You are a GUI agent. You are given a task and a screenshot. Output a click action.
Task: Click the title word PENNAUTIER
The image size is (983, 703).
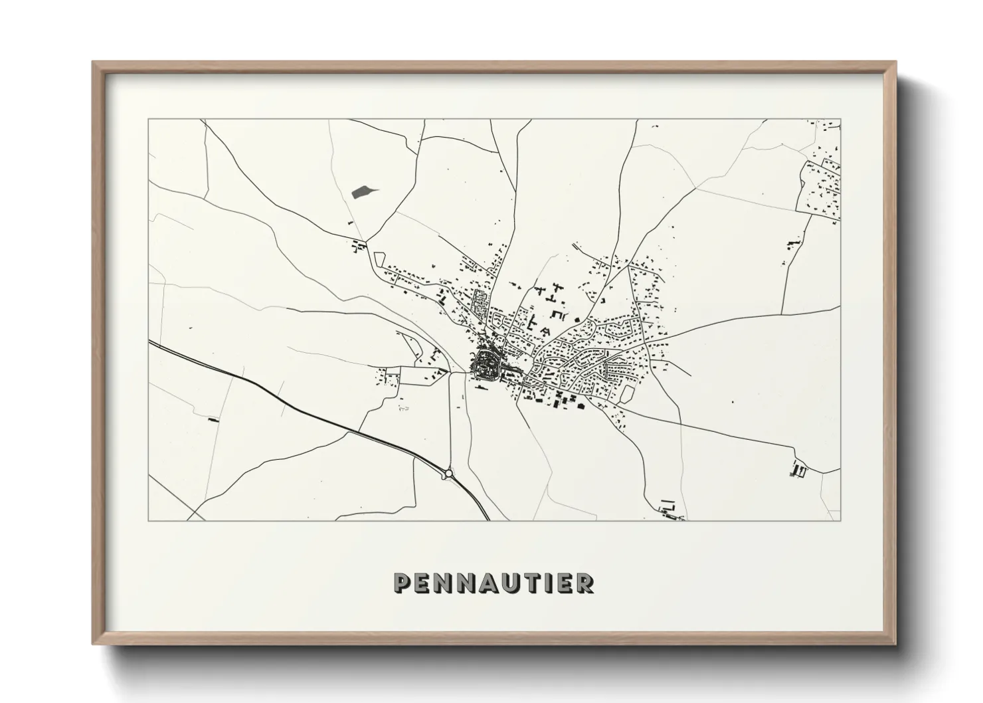click(493, 583)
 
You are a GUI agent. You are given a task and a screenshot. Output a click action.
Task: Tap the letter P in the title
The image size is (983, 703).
click(402, 583)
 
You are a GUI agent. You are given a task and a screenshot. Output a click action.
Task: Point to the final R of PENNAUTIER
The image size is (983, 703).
click(586, 583)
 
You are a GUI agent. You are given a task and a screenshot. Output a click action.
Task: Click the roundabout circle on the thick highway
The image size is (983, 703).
click(449, 473)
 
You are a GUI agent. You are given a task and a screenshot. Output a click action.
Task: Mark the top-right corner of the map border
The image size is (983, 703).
click(840, 120)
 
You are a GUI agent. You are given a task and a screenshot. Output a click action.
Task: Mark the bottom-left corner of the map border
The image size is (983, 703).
click(149, 520)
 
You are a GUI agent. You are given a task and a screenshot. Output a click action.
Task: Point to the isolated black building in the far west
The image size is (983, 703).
click(213, 420)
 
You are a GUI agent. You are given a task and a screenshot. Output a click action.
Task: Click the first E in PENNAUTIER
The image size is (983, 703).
click(424, 583)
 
